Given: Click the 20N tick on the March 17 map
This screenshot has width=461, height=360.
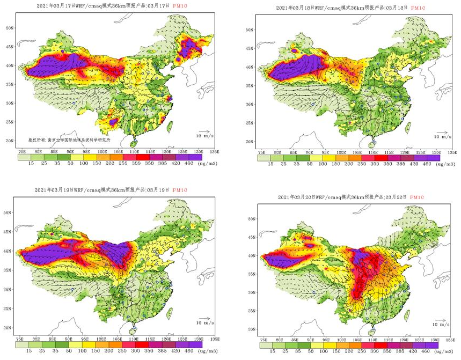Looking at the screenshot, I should pyautogui.click(x=9, y=141).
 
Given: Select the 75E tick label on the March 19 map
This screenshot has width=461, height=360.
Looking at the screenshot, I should pyautogui.click(x=21, y=340).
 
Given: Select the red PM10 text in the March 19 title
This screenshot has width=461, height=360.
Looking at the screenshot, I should pyautogui.click(x=184, y=190).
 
